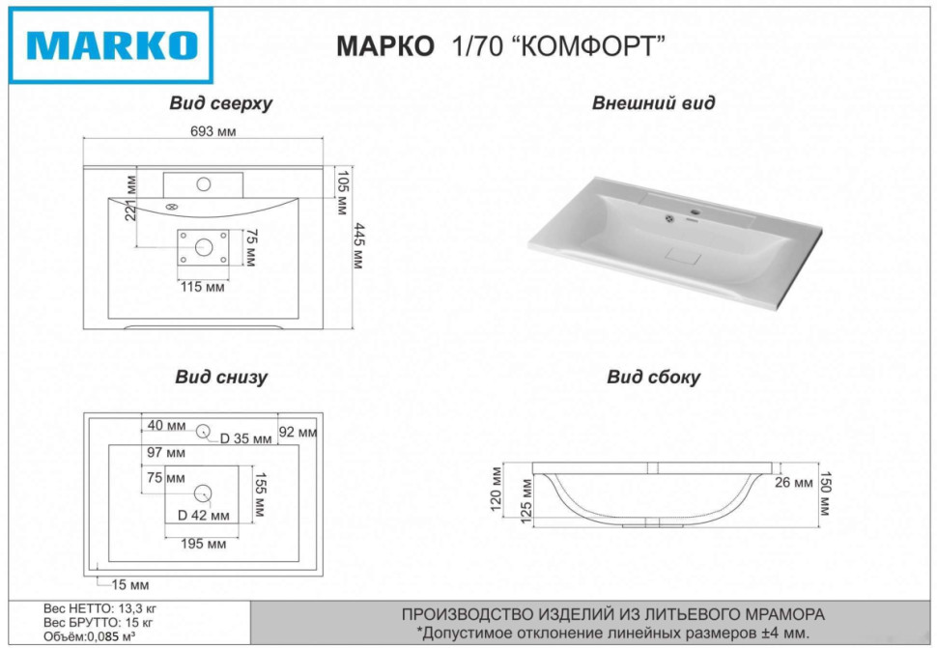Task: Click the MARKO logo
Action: pyautogui.click(x=111, y=45)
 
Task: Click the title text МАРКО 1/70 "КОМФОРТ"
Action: pyautogui.click(x=501, y=46)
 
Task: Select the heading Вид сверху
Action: pyautogui.click(x=220, y=104)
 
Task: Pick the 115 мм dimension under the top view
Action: pyautogui.click(x=203, y=286)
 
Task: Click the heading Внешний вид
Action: pyautogui.click(x=653, y=103)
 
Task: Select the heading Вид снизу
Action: pyautogui.click(x=221, y=378)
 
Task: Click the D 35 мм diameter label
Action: pyautogui.click(x=246, y=438)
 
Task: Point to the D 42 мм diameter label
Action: pyautogui.click(x=204, y=514)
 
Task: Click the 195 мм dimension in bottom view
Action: pyautogui.click(x=203, y=544)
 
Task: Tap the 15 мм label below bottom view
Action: pyautogui.click(x=128, y=585)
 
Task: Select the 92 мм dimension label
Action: pyautogui.click(x=298, y=433)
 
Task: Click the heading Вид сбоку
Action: pyautogui.click(x=653, y=378)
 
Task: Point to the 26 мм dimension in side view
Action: pyautogui.click(x=795, y=483)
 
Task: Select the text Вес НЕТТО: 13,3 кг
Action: pyautogui.click(x=100, y=609)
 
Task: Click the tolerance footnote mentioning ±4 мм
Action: pyautogui.click(x=612, y=633)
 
